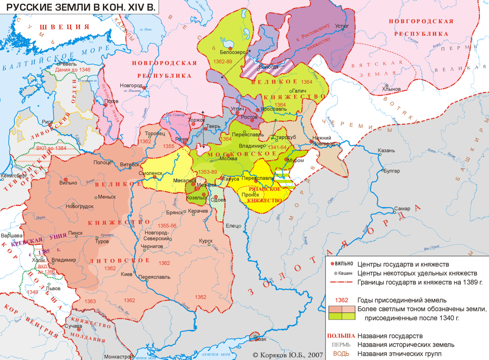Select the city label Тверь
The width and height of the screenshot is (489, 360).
214,126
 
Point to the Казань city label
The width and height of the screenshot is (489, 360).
387,150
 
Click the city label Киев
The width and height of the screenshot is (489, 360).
126,274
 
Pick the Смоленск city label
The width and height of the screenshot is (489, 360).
151,173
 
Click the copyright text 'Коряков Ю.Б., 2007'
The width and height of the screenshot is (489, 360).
287,355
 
